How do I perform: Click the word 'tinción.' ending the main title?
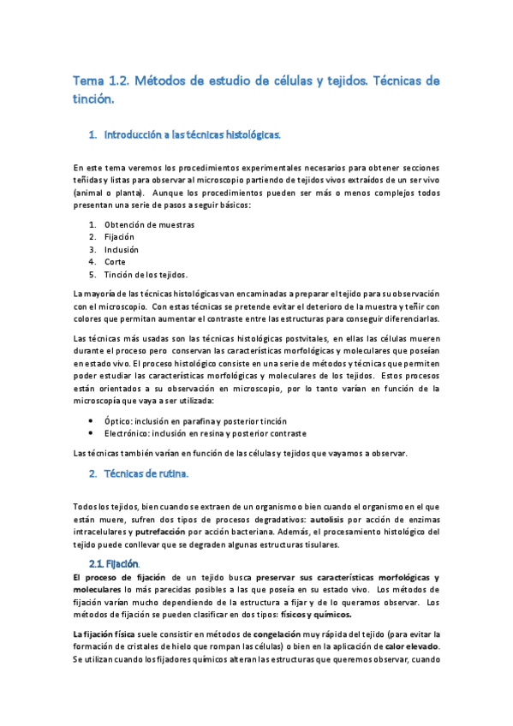point(93,99)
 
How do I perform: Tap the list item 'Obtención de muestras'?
point(149,225)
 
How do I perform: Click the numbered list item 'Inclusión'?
point(121,250)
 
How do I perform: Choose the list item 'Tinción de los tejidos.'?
point(146,274)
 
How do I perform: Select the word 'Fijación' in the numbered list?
point(120,237)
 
